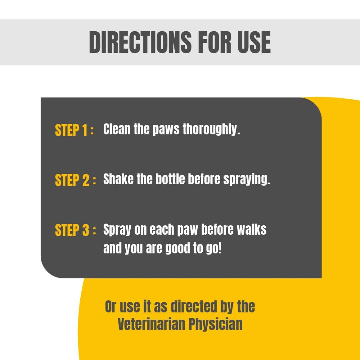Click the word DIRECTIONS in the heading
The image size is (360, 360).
pos(140,42)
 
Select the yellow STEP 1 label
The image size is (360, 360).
pos(72,130)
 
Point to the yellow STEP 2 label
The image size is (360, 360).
pos(72,180)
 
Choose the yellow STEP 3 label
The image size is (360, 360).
pos(72,230)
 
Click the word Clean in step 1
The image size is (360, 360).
pos(117,129)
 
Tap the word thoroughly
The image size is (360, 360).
pos(211,130)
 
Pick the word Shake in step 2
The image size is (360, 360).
pos(118,179)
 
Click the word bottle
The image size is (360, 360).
pos(170,179)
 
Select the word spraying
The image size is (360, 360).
pos(247,180)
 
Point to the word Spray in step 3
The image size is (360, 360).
pos(117,230)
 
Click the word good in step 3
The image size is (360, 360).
pos(178,249)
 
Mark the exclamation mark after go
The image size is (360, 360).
pos(220,248)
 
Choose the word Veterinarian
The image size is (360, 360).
pos(151,324)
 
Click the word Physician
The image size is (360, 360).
pos(216,325)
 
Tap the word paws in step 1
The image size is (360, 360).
pos(166,130)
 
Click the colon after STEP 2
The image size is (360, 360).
pos(94,181)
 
